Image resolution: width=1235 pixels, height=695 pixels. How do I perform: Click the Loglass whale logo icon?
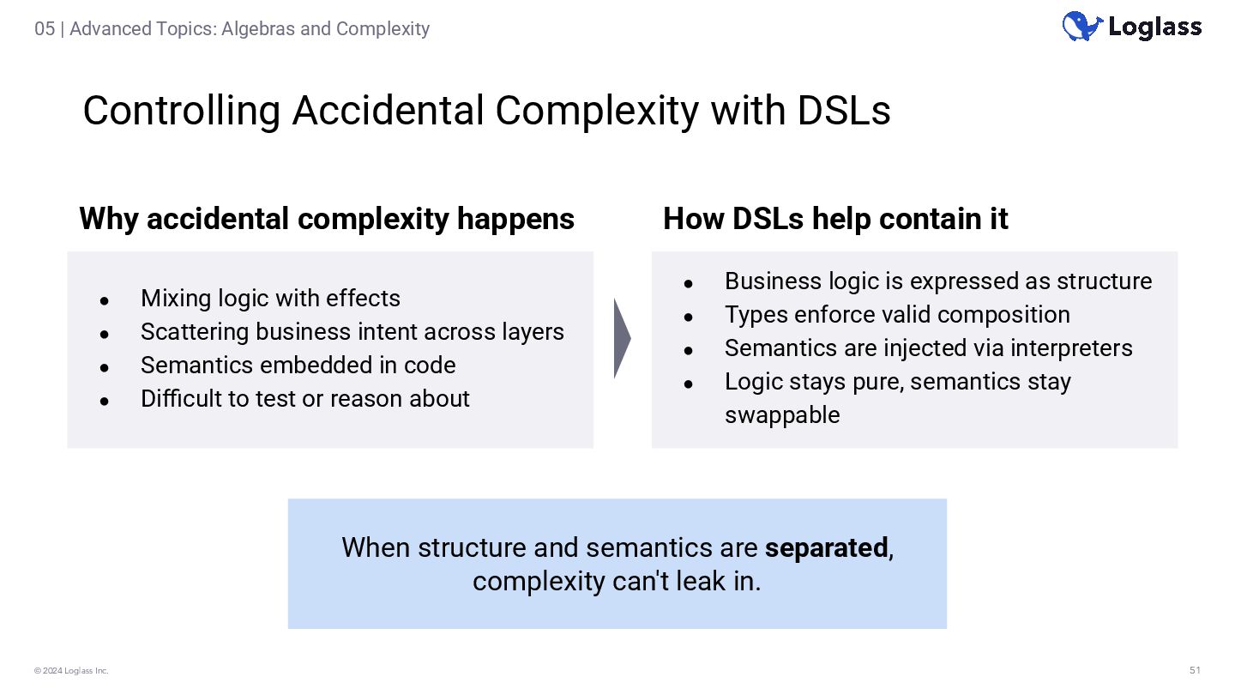(1081, 27)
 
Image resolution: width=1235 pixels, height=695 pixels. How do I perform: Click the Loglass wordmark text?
(1154, 27)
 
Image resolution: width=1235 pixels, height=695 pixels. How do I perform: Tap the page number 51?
(1195, 670)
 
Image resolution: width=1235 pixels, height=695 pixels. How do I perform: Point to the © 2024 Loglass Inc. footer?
(71, 671)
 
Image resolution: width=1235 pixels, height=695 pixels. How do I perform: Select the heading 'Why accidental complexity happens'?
(326, 219)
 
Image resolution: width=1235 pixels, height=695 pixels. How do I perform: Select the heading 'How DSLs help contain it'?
(834, 219)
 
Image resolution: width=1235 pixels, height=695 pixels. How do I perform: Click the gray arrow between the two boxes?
(622, 338)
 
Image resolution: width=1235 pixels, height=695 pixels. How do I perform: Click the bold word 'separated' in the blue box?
(826, 547)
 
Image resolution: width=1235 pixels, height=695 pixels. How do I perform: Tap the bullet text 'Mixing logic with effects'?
(270, 299)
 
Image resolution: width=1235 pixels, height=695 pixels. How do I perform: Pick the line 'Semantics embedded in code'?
(298, 366)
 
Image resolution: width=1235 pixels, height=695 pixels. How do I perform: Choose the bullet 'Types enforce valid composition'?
(897, 315)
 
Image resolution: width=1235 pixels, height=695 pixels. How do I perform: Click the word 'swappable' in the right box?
(782, 415)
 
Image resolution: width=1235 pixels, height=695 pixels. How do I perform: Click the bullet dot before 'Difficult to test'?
(104, 401)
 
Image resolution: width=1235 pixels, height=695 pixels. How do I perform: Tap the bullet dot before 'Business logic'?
(688, 283)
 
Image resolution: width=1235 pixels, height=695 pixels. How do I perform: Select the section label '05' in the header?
(45, 29)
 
